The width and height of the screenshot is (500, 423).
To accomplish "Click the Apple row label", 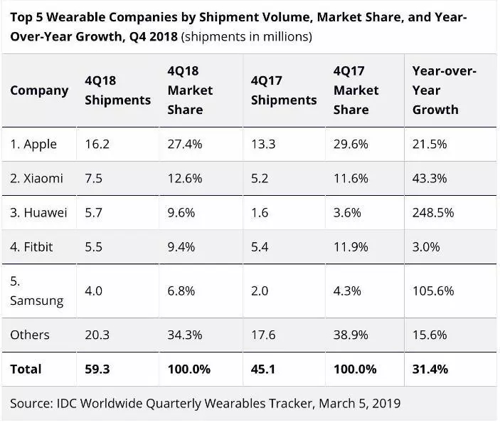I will pyautogui.click(x=33, y=144).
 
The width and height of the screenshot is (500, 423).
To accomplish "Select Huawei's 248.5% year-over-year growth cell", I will pyautogui.click(x=433, y=212).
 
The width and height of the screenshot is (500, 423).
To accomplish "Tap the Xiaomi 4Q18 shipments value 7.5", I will pyautogui.click(x=93, y=178).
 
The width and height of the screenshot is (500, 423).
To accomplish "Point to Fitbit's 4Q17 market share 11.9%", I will pyautogui.click(x=351, y=246).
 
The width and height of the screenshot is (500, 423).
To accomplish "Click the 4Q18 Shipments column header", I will pyautogui.click(x=117, y=90).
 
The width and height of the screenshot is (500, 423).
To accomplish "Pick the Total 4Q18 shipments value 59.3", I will pyautogui.click(x=97, y=369).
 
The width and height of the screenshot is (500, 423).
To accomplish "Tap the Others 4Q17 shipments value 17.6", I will pyautogui.click(x=265, y=335).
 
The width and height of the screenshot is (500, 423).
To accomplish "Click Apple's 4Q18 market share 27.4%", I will pyautogui.click(x=185, y=144).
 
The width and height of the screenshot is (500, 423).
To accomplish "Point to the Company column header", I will pyautogui.click(x=39, y=90).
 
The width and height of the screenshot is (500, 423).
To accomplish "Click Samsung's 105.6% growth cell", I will pyautogui.click(x=433, y=291).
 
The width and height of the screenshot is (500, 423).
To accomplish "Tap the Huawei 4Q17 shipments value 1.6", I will pyautogui.click(x=260, y=212).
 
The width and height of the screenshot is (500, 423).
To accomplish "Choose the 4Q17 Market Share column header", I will pyautogui.click(x=356, y=90).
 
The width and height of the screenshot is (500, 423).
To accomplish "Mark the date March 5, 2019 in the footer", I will pyautogui.click(x=360, y=403).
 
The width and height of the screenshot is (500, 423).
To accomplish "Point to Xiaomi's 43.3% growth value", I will pyautogui.click(x=430, y=178).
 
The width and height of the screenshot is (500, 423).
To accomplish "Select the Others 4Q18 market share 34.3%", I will pyautogui.click(x=185, y=335).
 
